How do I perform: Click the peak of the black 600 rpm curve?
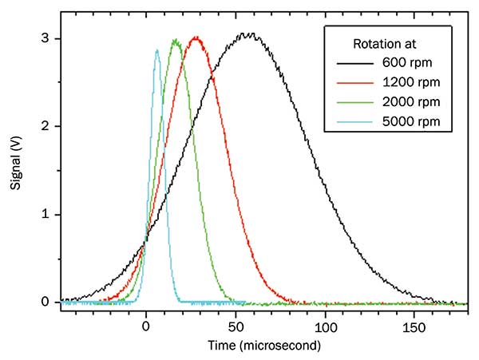[249, 34]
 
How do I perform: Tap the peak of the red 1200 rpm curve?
[196, 38]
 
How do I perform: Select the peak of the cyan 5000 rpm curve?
[156, 50]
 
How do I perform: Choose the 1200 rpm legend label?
[416, 82]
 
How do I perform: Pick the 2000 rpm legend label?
[416, 102]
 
